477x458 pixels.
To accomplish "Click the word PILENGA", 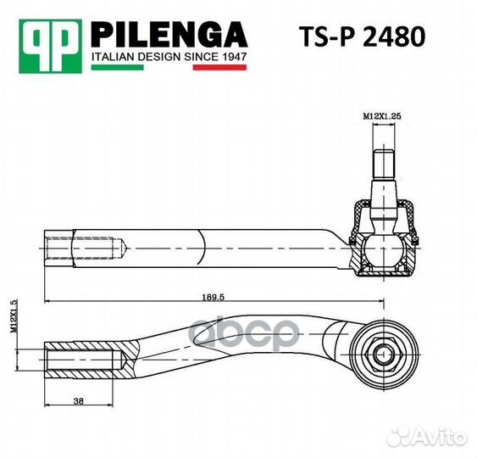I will [169, 35].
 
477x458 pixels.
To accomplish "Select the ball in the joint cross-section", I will [382, 250].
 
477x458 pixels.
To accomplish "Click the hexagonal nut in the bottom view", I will [382, 349].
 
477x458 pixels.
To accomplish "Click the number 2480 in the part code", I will [393, 38].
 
